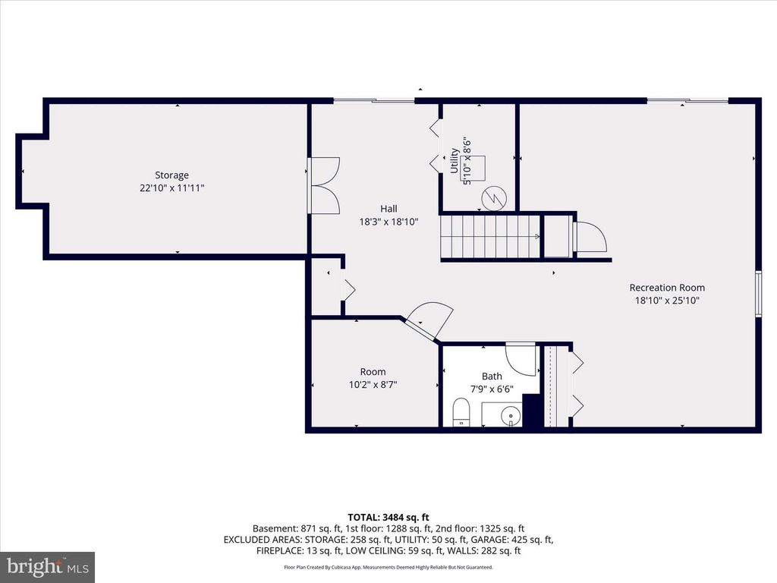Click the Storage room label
click(171, 175)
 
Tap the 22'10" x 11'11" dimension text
click(171, 188)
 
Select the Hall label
click(388, 209)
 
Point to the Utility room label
click(455, 161)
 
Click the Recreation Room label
click(666, 288)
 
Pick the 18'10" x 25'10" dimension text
click(666, 301)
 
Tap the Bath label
click(492, 377)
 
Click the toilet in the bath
click(461, 414)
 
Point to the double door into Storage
click(324, 184)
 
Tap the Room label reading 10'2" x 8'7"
click(373, 378)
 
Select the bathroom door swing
click(522, 358)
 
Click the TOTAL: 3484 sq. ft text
click(388, 517)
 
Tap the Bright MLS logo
click(47, 566)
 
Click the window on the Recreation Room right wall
click(758, 292)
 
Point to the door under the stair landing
click(590, 237)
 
